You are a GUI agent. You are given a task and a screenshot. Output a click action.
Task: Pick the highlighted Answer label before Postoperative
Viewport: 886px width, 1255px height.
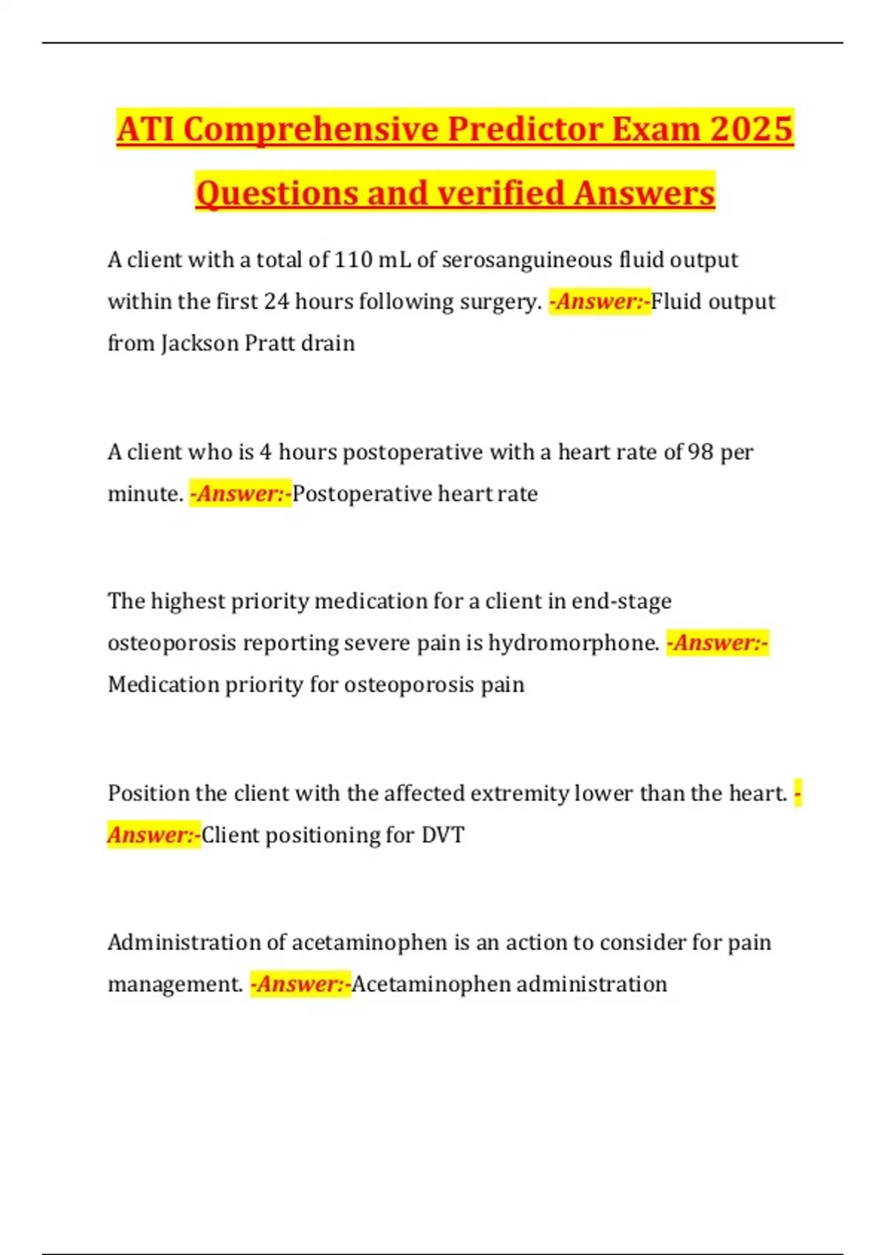click(x=241, y=493)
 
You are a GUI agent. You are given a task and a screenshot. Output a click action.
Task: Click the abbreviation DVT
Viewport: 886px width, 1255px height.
click(x=443, y=835)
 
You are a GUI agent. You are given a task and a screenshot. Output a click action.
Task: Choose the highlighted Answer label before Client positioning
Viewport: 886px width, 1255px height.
click(x=154, y=835)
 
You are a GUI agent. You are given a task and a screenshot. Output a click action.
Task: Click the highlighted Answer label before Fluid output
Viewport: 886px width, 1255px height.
click(x=600, y=301)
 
